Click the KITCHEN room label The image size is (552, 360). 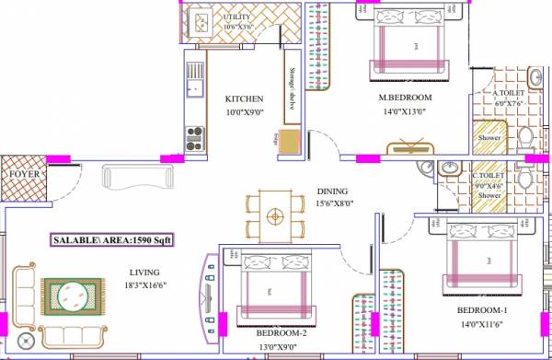pyautogui.click(x=245, y=99)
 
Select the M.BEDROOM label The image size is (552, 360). pyautogui.click(x=406, y=99)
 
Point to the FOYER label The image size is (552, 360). pyautogui.click(x=23, y=173)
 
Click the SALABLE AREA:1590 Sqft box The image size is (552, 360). pyautogui.click(x=113, y=240)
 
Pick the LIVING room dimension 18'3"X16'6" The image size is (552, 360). pyautogui.click(x=144, y=285)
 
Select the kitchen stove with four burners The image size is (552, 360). pyautogui.click(x=194, y=138)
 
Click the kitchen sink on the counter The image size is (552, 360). pyautogui.click(x=194, y=88)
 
